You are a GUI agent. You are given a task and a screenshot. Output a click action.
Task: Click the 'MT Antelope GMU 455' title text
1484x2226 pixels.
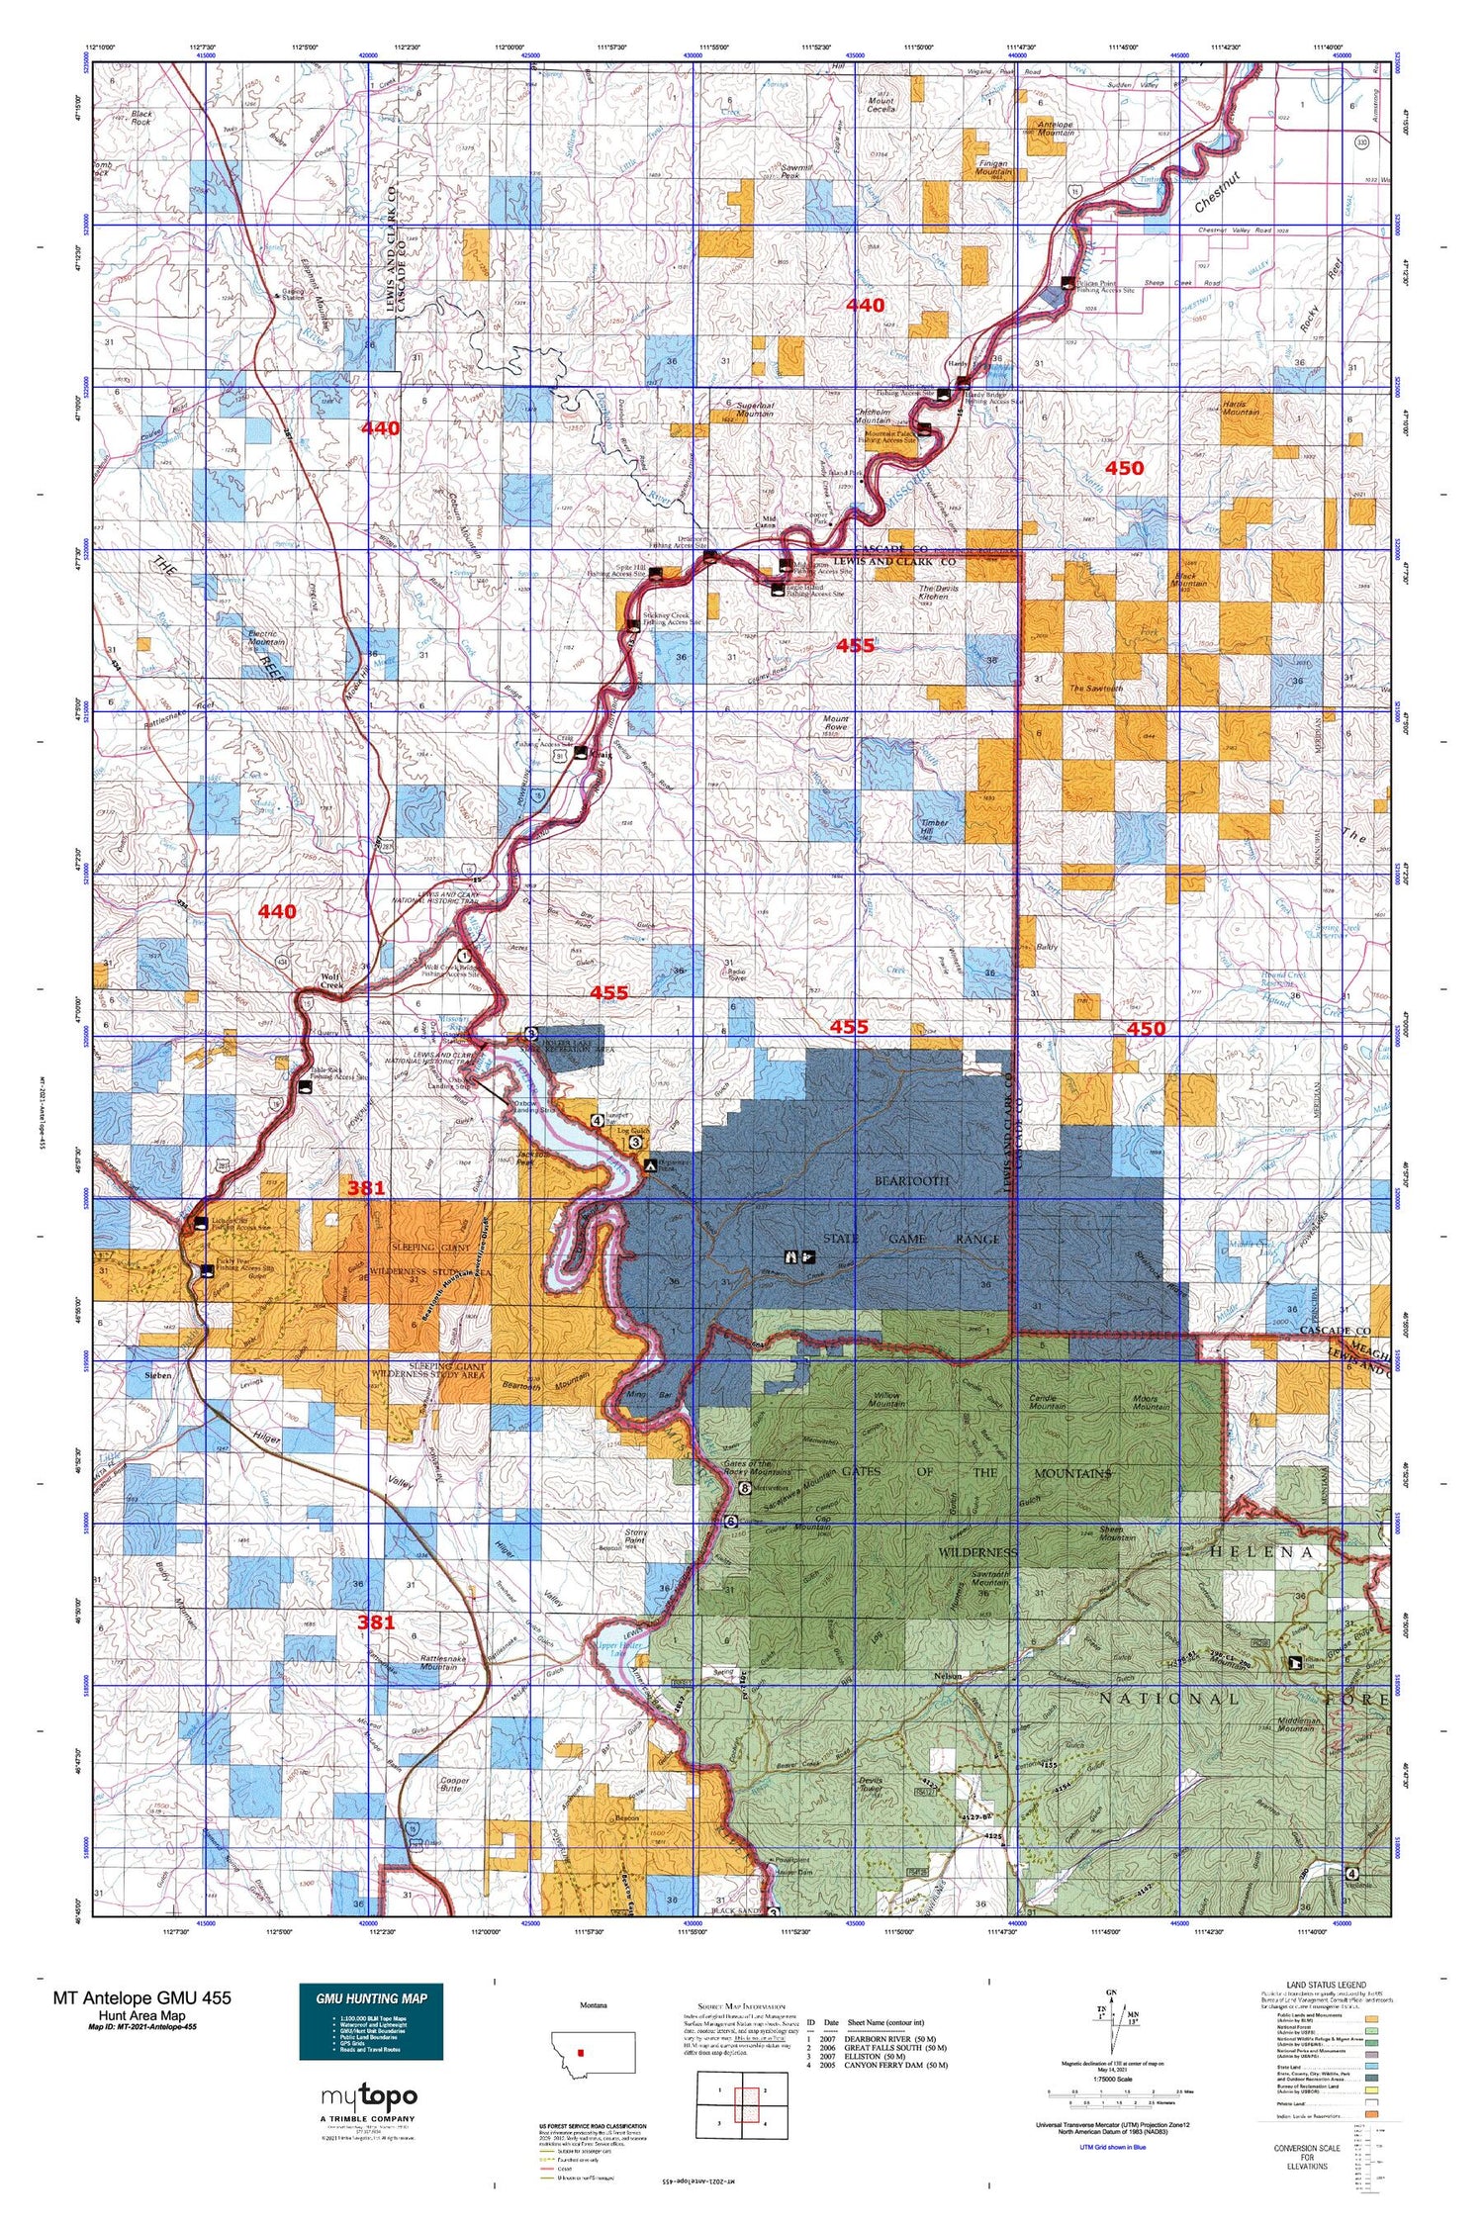[141, 1997]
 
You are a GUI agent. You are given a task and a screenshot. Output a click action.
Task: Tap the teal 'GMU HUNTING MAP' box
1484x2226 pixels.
[371, 2022]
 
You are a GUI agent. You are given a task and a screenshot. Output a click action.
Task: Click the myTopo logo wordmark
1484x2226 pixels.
[369, 2095]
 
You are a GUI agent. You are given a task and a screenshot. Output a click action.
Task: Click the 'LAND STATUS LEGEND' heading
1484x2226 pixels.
[1324, 1985]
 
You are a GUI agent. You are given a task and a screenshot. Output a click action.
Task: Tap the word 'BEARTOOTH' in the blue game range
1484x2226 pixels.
[910, 1181]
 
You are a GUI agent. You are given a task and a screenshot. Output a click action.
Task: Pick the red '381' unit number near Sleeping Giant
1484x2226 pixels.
[365, 1187]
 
